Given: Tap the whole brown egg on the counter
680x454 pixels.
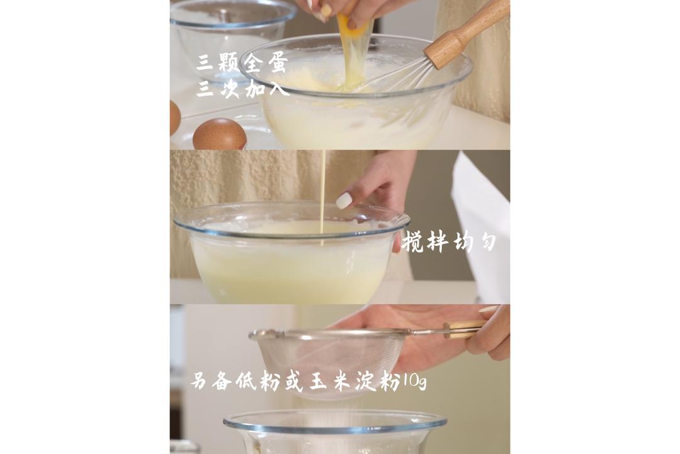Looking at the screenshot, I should click(x=219, y=134).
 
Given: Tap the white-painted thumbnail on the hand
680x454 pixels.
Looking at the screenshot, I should click(x=344, y=201).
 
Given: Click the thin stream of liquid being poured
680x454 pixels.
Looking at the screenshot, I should click(x=322, y=189).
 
